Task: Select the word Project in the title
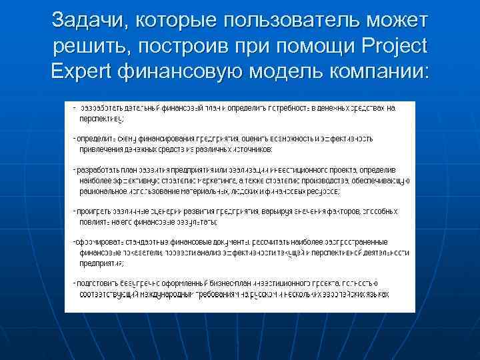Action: tap(392, 48)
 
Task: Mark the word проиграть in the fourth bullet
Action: tap(95, 211)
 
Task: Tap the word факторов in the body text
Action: tap(343, 211)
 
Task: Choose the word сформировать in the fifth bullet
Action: tap(100, 242)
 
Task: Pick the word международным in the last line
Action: tap(166, 294)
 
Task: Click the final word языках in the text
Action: tap(377, 294)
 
